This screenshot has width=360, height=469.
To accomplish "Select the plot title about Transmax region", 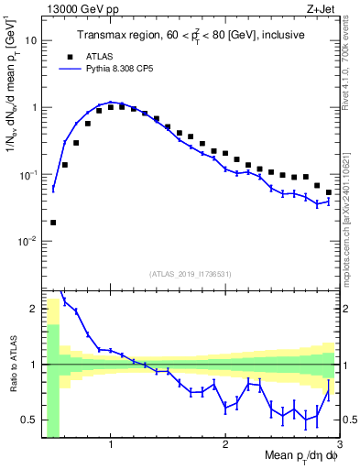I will pos(190,35).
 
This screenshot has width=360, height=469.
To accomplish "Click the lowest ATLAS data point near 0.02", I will pos(53,223).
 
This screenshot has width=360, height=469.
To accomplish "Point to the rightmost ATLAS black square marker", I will pos(329,192).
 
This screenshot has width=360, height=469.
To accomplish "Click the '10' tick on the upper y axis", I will pos(31,40).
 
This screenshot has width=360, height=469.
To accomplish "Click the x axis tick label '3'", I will pos(340,445).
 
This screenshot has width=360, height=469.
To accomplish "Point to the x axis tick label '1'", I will pos(111,445).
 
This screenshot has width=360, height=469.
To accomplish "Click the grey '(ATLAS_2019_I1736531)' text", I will pos(190,274).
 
